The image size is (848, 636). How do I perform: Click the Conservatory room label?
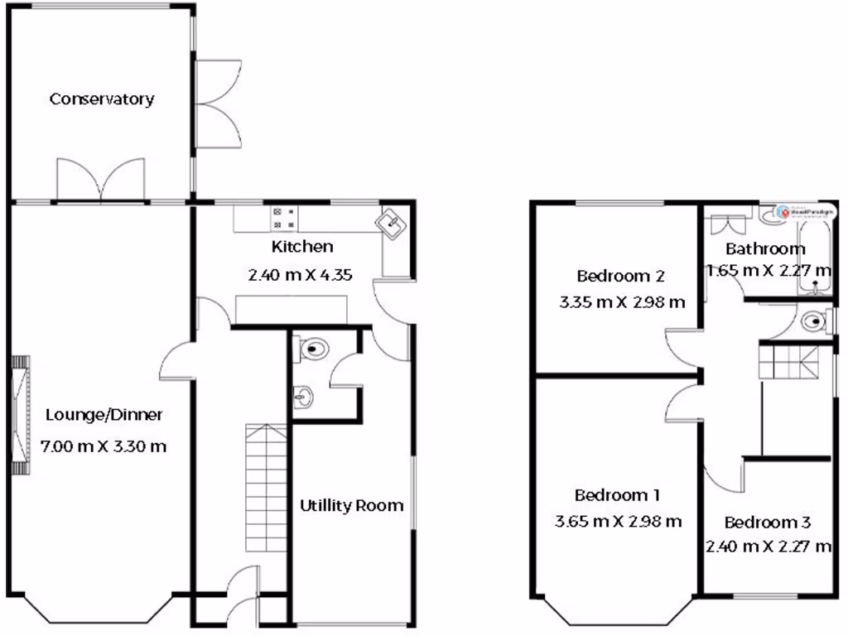(x=102, y=99)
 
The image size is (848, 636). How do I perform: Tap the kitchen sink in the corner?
(x=390, y=223)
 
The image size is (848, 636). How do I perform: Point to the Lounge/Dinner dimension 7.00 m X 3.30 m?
(x=104, y=447)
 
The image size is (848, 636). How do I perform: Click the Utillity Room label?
(x=352, y=505)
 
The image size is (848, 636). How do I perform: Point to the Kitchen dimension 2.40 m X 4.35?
(x=301, y=274)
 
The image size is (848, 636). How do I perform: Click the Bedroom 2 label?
(x=620, y=276)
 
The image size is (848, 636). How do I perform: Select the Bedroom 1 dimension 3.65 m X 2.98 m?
(x=617, y=521)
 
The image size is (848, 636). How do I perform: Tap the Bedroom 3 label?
(x=767, y=523)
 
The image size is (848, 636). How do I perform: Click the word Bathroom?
(x=765, y=248)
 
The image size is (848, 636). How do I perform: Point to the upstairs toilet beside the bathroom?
(x=815, y=320)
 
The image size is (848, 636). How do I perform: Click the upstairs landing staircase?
(x=788, y=361)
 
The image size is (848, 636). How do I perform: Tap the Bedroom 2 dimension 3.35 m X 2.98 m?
(x=622, y=302)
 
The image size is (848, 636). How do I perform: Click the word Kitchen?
(x=302, y=247)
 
